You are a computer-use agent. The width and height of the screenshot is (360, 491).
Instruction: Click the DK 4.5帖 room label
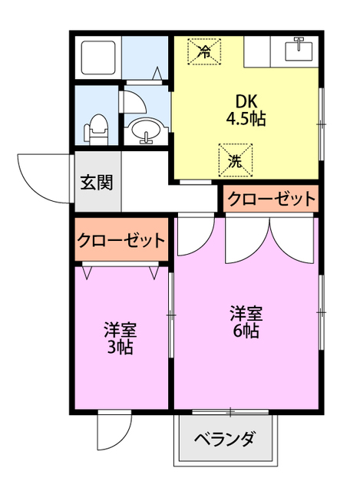(x=246, y=109)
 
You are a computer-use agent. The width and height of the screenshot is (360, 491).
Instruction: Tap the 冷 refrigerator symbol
(x=205, y=52)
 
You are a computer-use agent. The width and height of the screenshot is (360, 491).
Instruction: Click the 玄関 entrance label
(x=97, y=183)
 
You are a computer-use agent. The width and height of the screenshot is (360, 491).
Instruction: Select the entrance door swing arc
(x=45, y=178)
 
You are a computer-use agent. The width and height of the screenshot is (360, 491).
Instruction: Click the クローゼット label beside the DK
(x=270, y=199)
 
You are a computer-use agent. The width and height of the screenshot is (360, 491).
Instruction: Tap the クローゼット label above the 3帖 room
(x=121, y=240)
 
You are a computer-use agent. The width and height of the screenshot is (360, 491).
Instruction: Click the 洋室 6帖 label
(x=246, y=322)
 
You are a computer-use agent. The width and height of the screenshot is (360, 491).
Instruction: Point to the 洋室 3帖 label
(x=121, y=338)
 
